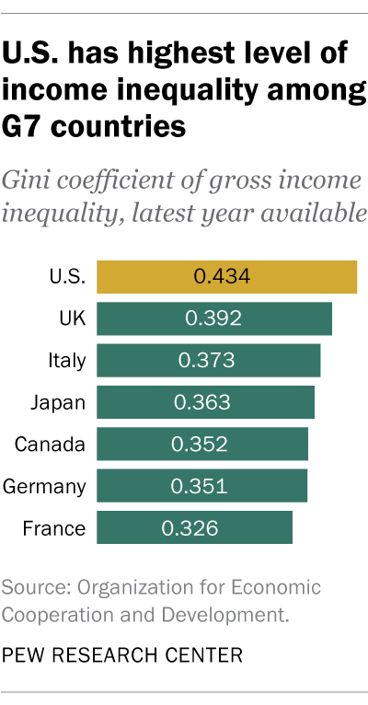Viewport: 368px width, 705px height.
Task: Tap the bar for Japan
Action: [267, 402]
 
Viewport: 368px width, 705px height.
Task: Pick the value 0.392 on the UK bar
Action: [213, 318]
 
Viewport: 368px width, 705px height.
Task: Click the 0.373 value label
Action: [208, 360]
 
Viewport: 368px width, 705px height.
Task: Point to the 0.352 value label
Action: [199, 445]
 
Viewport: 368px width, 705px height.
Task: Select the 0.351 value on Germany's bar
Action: [198, 486]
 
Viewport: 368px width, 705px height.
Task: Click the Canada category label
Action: [51, 445]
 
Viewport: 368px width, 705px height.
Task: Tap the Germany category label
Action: [45, 486]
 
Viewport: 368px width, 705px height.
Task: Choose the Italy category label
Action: [66, 360]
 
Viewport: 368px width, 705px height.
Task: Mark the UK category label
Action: [71, 318]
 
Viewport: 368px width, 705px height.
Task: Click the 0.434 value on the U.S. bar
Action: [222, 276]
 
